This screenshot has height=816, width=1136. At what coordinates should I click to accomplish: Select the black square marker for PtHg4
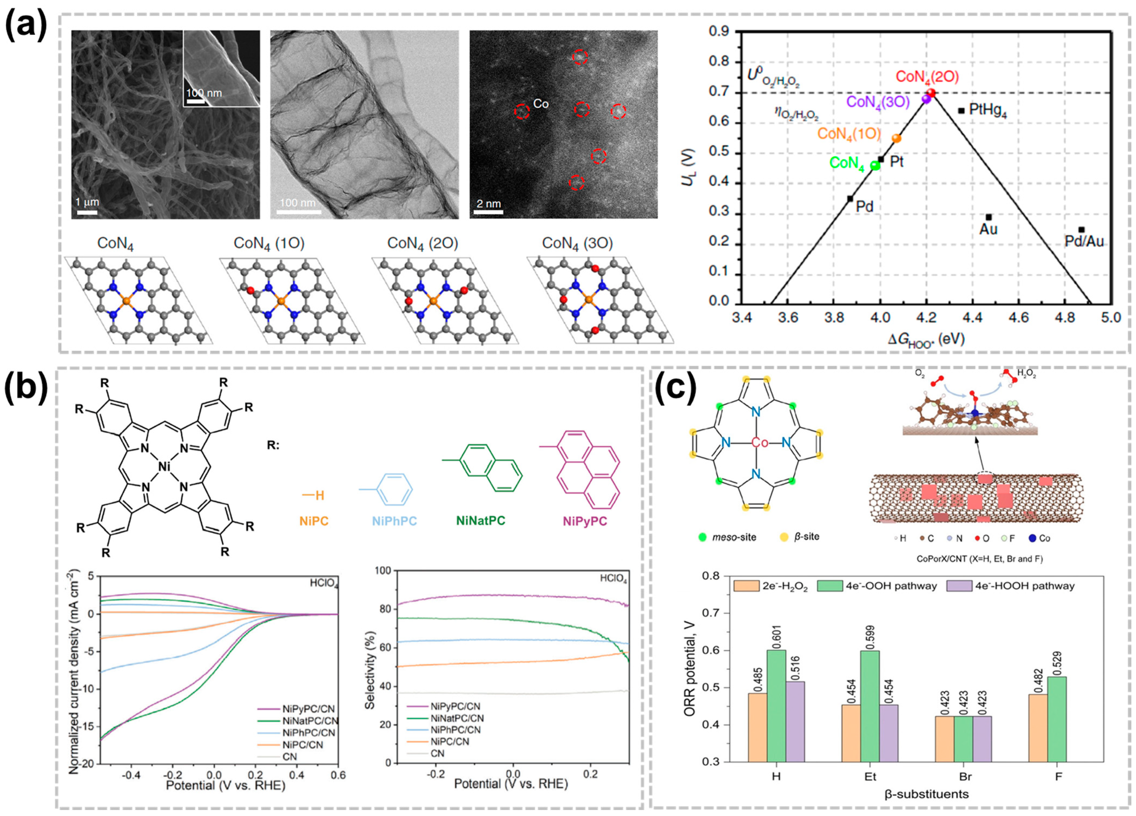click(x=961, y=110)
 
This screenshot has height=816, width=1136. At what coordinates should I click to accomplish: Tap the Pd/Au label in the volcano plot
click(x=1084, y=242)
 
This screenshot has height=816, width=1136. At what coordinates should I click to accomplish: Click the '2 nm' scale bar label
click(x=488, y=204)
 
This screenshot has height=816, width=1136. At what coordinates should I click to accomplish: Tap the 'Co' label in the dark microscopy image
click(x=541, y=104)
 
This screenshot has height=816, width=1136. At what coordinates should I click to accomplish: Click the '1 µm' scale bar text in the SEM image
click(x=87, y=202)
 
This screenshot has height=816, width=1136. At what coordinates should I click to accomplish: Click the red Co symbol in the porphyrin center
click(x=760, y=443)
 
